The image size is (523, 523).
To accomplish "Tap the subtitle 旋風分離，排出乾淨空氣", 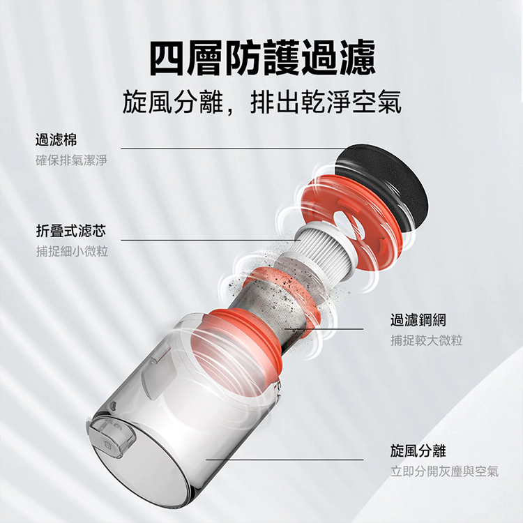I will (x=261, y=103).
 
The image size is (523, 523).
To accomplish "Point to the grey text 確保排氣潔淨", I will (x=72, y=161).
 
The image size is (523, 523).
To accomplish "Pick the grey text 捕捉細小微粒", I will (x=72, y=251).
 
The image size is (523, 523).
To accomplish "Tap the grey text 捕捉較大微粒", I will (x=426, y=340).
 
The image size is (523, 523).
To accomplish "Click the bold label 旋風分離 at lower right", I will (x=418, y=450).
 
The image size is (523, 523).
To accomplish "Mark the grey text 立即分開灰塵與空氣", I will (x=444, y=471).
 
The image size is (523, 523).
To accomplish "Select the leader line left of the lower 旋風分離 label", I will (x=293, y=460).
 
